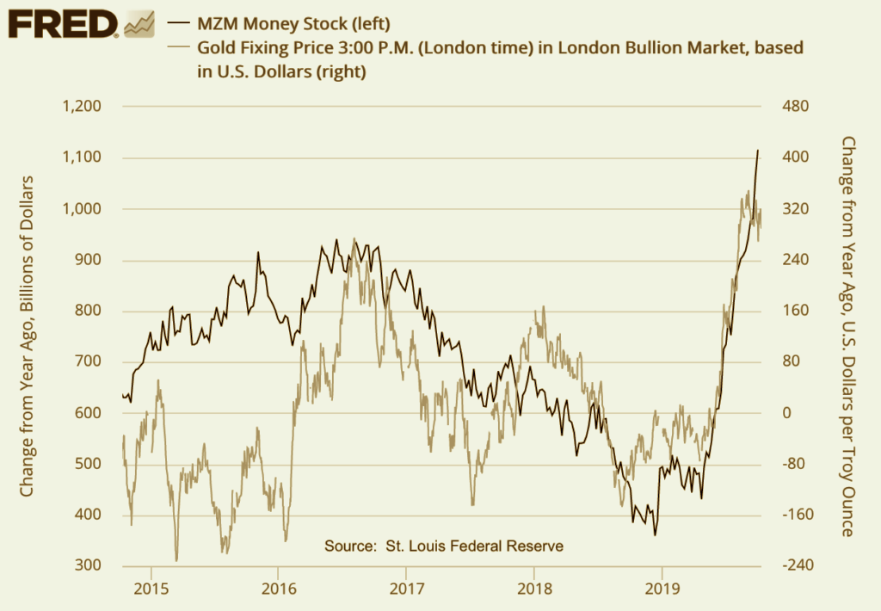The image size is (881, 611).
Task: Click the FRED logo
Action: click(62, 23)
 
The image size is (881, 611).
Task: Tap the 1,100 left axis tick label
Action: click(83, 157)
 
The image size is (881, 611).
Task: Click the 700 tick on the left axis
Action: click(89, 362)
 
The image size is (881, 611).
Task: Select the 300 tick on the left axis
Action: click(89, 566)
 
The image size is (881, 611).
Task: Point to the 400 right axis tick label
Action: click(796, 157)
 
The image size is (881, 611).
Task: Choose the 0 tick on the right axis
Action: click(786, 413)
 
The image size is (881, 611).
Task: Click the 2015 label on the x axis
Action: click(151, 594)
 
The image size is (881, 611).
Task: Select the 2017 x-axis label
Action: click(406, 594)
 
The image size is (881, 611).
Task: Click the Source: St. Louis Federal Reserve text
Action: click(444, 546)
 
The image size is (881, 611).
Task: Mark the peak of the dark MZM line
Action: click(758, 151)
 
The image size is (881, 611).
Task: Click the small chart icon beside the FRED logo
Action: click(139, 23)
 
